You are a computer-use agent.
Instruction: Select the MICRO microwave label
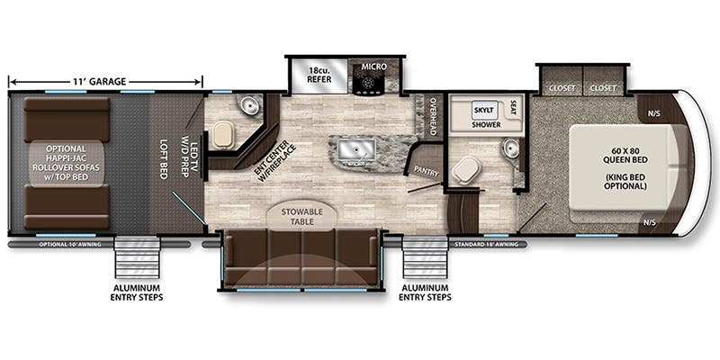click(x=373, y=67)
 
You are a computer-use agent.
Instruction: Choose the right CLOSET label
click(x=602, y=88)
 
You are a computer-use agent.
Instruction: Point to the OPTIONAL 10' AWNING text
click(x=67, y=244)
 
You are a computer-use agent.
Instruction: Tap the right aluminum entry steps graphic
click(x=426, y=258)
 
